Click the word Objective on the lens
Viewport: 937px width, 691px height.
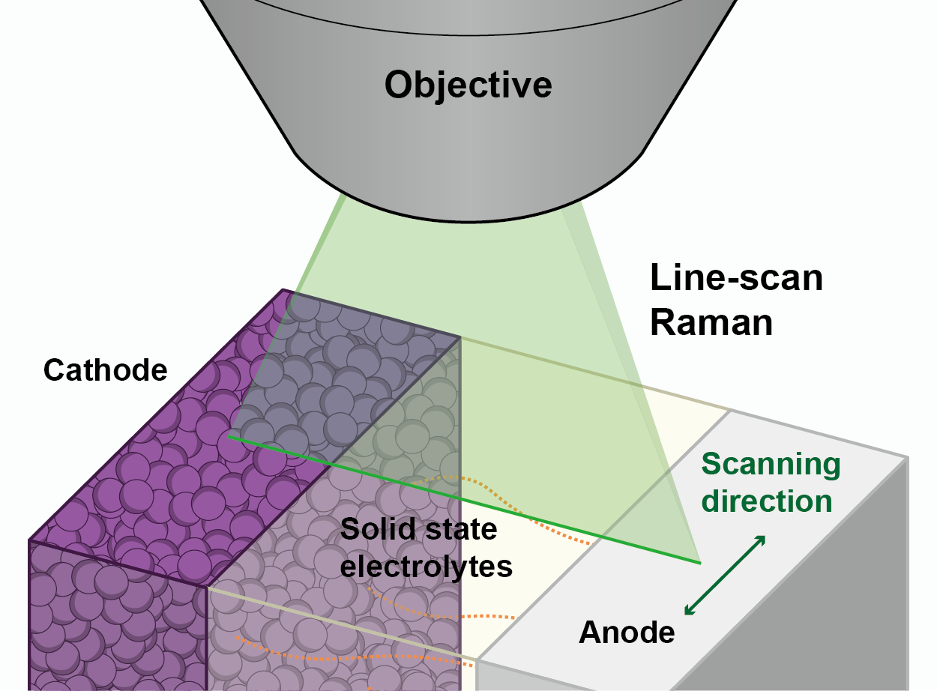468,85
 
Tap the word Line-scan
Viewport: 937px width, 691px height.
736,279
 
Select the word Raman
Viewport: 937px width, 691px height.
711,323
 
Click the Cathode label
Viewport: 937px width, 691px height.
106,369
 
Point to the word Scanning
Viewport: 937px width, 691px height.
771,465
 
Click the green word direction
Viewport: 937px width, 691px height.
767,501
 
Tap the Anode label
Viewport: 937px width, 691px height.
627,633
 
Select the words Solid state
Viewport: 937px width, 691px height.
418,530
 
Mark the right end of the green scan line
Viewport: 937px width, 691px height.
699,562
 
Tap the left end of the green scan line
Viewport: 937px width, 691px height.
229,437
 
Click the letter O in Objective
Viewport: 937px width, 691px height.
400,85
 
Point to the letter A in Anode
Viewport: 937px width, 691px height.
589,633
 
